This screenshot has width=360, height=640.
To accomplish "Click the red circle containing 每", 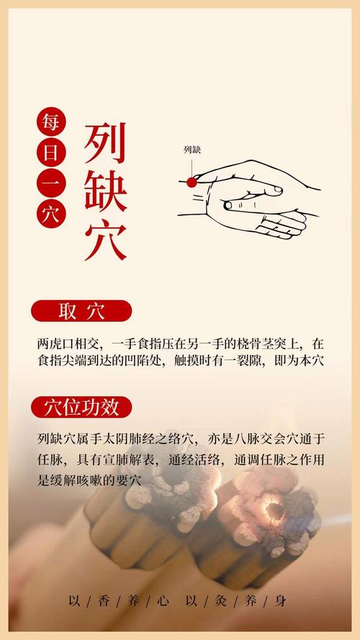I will [53, 122].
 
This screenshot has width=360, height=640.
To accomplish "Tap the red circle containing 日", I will [53, 153].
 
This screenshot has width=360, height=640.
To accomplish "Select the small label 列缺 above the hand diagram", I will [192, 150].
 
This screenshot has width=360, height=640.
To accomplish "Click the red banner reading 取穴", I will [81, 311].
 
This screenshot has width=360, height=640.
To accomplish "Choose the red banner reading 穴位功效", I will [81, 407].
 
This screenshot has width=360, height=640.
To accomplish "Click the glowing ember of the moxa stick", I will [274, 510].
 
